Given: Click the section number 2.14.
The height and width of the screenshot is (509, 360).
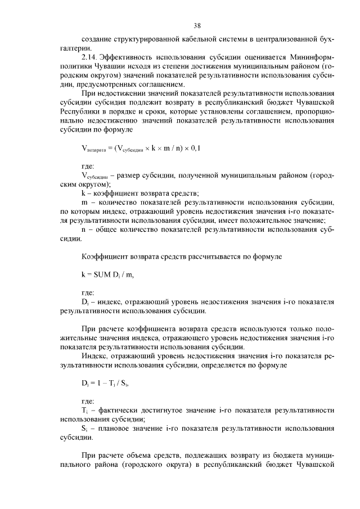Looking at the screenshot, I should [x=91, y=57].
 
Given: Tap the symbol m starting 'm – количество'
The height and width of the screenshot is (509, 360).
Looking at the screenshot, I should [x=84, y=201].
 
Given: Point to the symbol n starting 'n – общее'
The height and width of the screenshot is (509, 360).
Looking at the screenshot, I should [x=84, y=229].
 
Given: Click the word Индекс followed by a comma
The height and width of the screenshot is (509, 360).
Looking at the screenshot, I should [x=96, y=357].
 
